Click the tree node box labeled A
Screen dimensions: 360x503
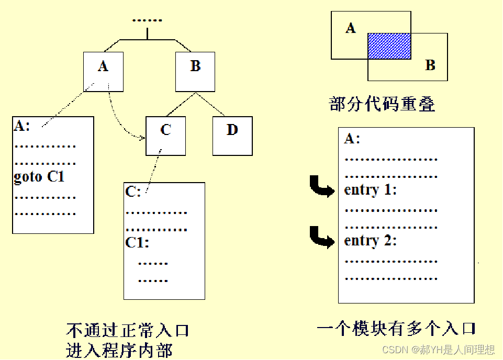tap(103, 72)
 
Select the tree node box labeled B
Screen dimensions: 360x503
tap(195, 72)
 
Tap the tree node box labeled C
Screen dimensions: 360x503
tap(165, 136)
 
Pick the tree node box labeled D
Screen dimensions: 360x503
tap(232, 136)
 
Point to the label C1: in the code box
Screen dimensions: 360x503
tap(137, 243)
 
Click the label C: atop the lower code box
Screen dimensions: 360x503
tap(133, 192)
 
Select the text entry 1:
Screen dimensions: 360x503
tap(371, 190)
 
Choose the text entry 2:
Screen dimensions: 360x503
tap(371, 241)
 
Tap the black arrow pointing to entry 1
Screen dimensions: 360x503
tap(322, 187)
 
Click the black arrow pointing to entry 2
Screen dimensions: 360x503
tap(322, 238)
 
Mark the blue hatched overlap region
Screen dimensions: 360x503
tap(389, 46)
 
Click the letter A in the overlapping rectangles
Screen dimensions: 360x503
tap(351, 28)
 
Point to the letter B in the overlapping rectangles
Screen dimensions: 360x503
tap(430, 65)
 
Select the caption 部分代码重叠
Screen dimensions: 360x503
tap(382, 104)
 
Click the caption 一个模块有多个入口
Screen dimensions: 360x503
tap(396, 329)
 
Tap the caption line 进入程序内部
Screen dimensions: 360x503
tap(119, 350)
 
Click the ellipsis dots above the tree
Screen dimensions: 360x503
tap(147, 20)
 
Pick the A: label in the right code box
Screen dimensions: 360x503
tap(352, 139)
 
